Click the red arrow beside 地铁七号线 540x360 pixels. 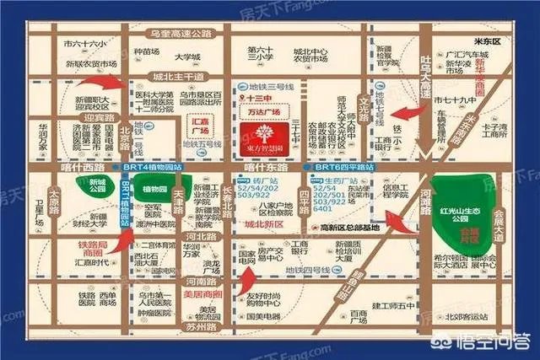(x=410, y=114)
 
